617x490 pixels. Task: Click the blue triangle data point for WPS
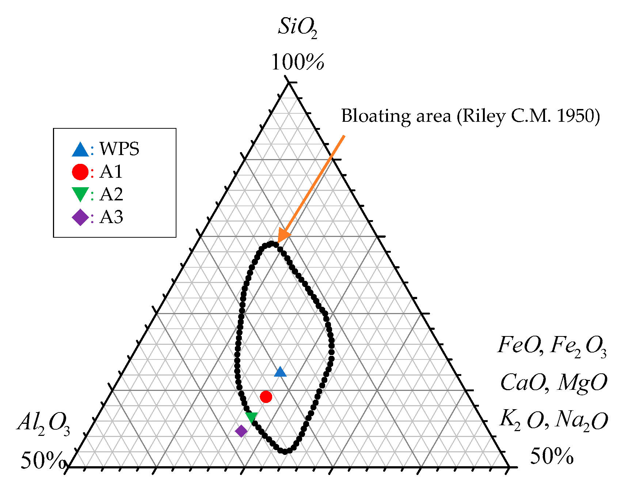click(x=280, y=372)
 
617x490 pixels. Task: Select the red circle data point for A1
click(x=266, y=396)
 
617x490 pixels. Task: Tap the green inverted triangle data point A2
click(x=251, y=417)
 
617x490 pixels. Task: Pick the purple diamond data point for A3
click(x=241, y=431)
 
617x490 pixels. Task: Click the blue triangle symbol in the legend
click(x=80, y=149)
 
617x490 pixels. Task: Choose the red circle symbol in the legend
click(x=80, y=172)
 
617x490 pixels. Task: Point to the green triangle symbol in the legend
click(x=80, y=194)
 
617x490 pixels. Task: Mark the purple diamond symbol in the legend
click(x=80, y=217)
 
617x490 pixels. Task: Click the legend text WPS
click(x=119, y=149)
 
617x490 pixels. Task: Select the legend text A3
click(x=111, y=217)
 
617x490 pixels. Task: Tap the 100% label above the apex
click(x=297, y=62)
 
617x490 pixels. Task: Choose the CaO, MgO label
click(x=553, y=383)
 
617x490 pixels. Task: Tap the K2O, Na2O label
click(x=553, y=420)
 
